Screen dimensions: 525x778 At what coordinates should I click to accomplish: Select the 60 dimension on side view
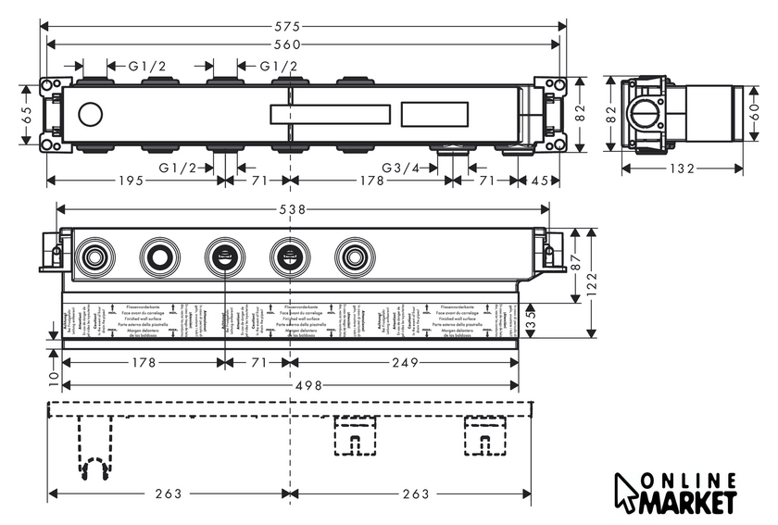[759, 114]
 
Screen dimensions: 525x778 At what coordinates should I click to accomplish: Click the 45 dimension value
[540, 181]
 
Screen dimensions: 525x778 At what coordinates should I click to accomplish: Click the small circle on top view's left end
[91, 115]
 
